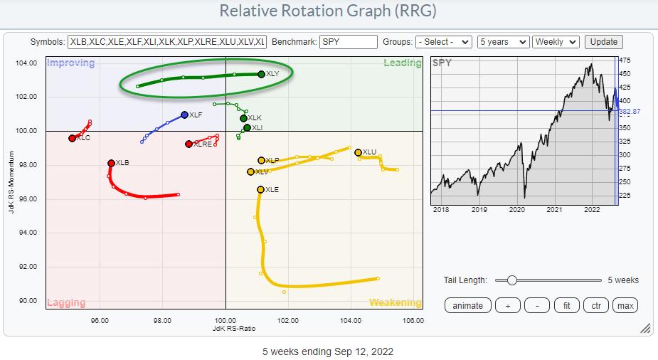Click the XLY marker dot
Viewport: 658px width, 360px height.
(261, 74)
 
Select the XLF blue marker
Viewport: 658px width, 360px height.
(184, 115)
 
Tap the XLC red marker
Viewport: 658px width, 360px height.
(72, 138)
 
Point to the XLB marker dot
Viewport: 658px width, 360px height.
(111, 163)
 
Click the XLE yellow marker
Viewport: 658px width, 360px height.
(260, 189)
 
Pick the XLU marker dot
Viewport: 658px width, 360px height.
(358, 152)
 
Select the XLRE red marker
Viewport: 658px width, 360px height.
(189, 144)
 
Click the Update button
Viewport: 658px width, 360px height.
(603, 42)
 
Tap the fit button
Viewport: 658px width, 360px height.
(566, 305)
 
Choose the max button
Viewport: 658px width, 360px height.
(625, 305)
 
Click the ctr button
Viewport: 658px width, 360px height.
(596, 305)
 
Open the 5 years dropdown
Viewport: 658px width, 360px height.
(504, 42)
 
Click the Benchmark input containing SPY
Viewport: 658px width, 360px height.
(348, 42)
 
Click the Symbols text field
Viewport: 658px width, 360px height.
(166, 42)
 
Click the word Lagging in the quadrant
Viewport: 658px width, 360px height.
(66, 302)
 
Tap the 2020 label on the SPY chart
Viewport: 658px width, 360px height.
(517, 210)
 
